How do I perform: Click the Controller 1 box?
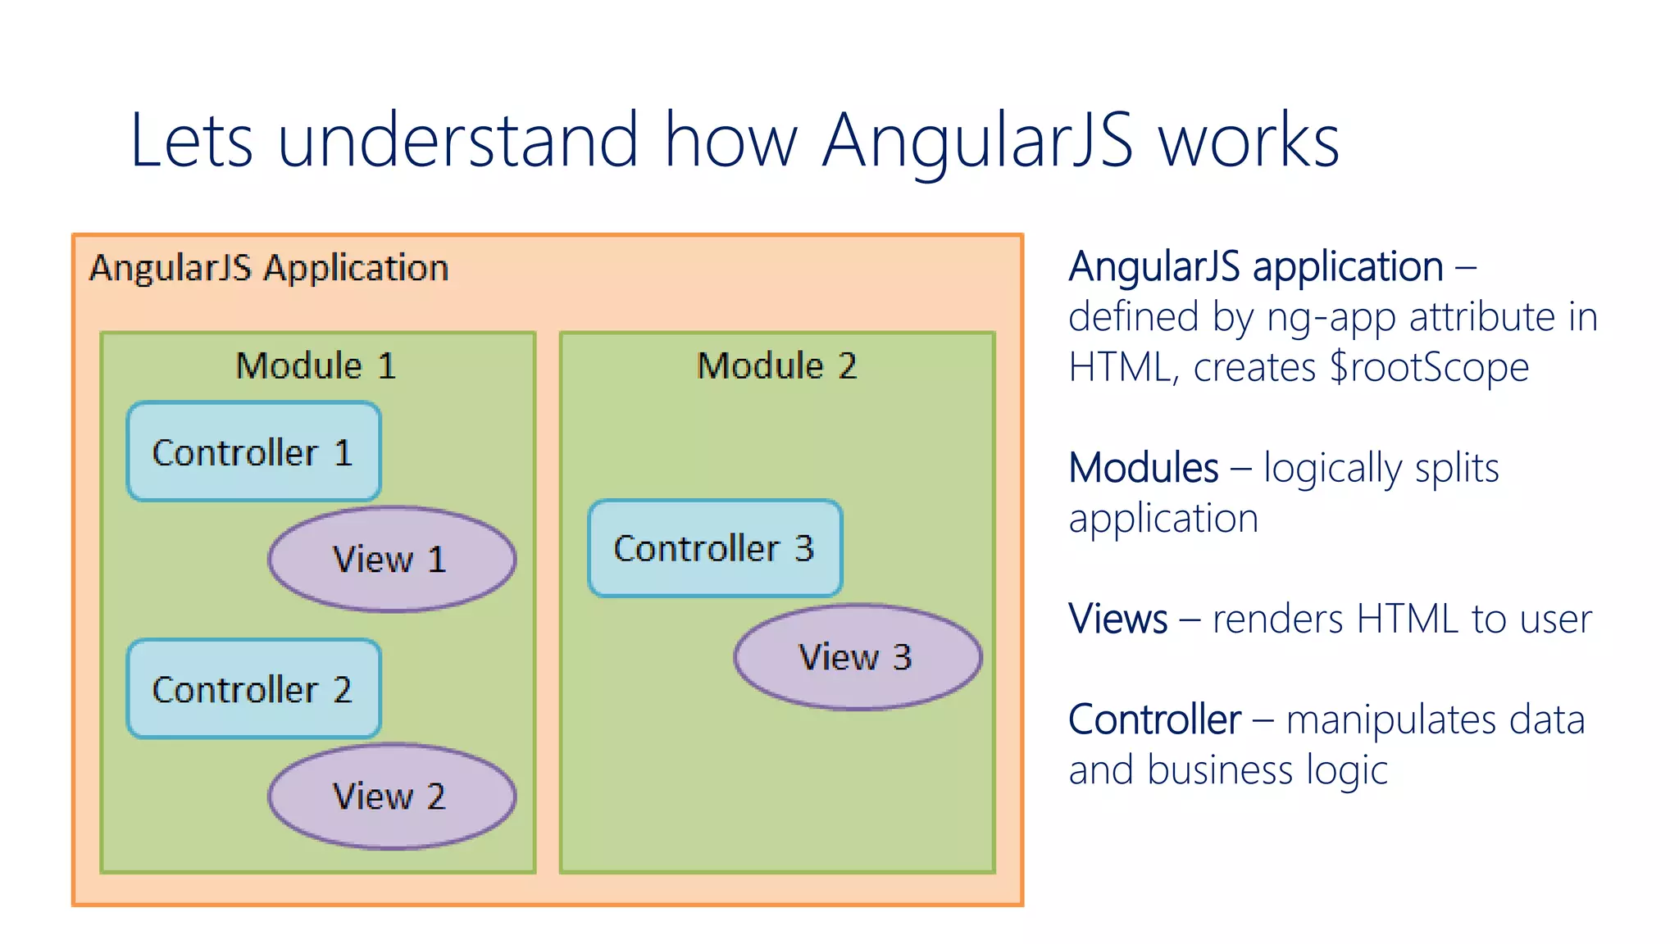253,452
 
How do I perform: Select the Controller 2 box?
253,689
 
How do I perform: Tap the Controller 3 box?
714,548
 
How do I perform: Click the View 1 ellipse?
391,560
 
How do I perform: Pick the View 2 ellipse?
391,796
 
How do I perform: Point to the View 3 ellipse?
857,657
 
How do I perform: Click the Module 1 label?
316,365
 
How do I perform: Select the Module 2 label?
776,365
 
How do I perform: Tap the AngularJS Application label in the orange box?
269,268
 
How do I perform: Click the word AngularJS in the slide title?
977,141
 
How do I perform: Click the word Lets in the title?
191,141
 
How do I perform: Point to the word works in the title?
1249,141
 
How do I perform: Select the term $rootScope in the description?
1429,367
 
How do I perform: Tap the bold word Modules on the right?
1144,468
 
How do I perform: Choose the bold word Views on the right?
1117,619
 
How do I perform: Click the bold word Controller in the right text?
1154,719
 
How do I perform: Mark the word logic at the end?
1347,771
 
